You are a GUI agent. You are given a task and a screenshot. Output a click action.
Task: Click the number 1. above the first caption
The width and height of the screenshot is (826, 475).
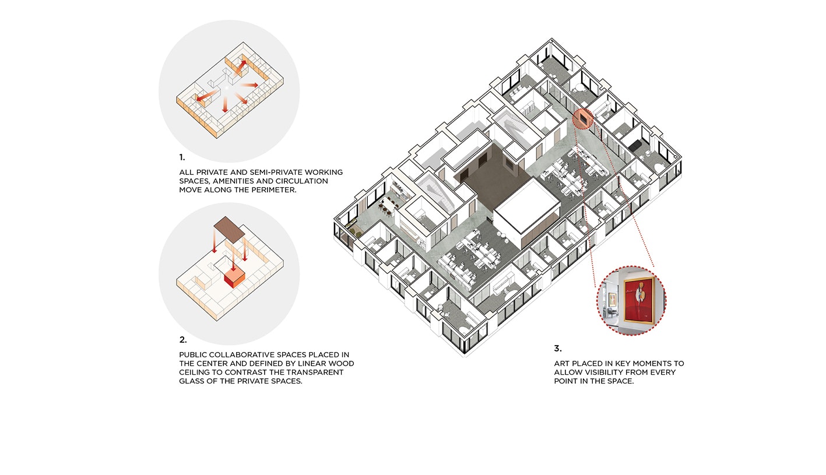tap(182, 157)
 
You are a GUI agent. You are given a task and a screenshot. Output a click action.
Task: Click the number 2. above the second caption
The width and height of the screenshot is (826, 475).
tap(183, 340)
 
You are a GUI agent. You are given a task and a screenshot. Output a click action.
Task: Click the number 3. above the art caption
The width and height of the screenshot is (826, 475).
tap(557, 349)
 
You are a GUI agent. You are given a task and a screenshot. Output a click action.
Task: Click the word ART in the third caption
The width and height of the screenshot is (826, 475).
tap(561, 364)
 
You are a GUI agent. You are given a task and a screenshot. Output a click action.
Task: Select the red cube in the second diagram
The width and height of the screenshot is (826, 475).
tap(234, 277)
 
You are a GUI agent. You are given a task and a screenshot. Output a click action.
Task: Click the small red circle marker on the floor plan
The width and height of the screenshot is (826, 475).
tap(583, 119)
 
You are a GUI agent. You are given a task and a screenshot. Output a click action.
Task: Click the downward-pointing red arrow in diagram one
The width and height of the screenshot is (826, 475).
tap(224, 105)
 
